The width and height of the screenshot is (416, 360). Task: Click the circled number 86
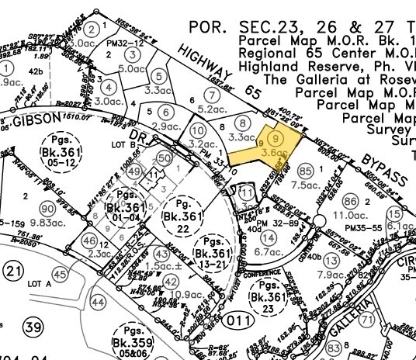coord(351,200)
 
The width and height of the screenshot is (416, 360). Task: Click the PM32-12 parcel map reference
coord(127,43)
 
